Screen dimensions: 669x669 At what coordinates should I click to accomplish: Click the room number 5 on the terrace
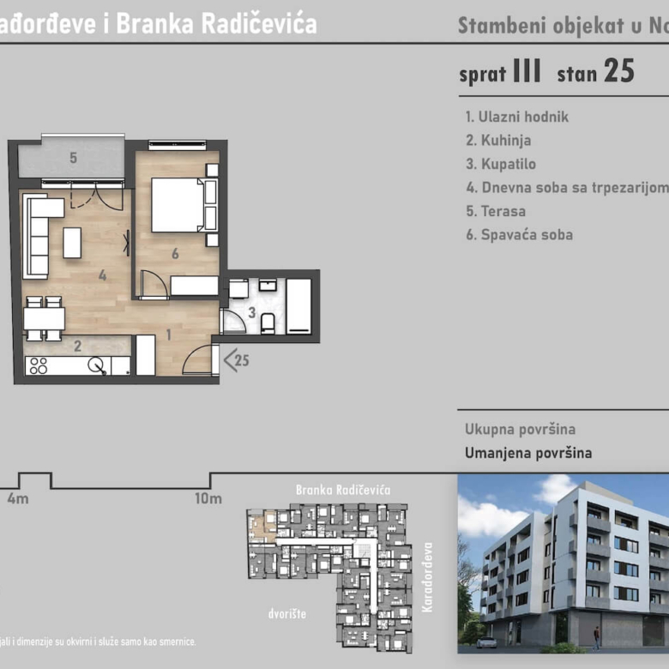[x=74, y=158]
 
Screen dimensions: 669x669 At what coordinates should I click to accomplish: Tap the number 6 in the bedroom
[x=175, y=253]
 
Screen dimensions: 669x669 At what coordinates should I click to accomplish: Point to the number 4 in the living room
[x=102, y=275]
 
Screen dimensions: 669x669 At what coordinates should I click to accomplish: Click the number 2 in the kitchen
[x=77, y=347]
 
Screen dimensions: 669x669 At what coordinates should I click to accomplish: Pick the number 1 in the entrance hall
[x=169, y=334]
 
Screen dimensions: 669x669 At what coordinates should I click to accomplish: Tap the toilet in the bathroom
[x=268, y=322]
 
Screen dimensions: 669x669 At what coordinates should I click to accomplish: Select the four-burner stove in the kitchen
[x=38, y=365]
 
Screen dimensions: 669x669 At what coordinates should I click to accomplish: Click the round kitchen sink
[x=99, y=365]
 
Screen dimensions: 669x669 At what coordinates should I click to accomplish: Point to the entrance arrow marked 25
[x=236, y=360]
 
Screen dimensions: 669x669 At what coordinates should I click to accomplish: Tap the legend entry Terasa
[x=495, y=211]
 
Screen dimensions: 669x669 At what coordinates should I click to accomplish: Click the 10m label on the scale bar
[x=208, y=498]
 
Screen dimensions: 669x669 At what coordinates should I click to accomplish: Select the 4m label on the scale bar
[x=18, y=498]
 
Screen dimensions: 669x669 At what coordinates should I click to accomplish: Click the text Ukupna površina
[x=520, y=430]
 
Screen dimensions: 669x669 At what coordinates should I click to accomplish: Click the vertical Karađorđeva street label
[x=429, y=576]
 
